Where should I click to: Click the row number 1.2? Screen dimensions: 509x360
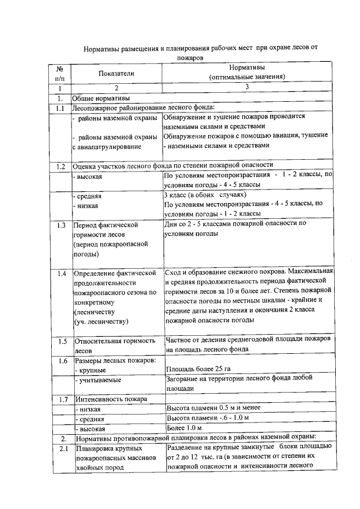point(62,166)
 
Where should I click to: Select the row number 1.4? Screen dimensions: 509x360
point(62,274)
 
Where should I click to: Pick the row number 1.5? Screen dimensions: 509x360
point(62,341)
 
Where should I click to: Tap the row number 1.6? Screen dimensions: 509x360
point(62,361)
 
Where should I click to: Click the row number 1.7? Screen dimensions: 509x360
point(62,399)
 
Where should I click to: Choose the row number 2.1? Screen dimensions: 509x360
point(62,448)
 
